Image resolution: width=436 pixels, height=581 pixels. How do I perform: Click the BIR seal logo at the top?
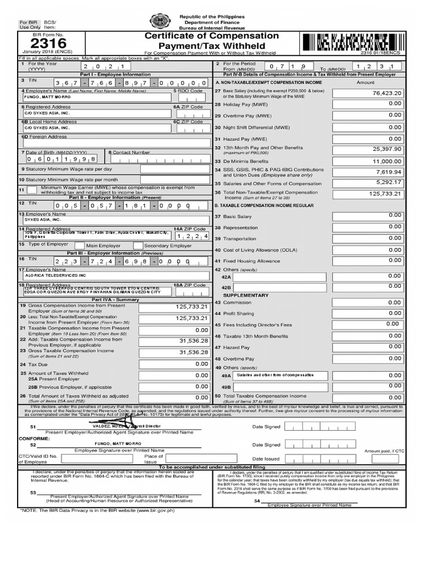click(x=158, y=22)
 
